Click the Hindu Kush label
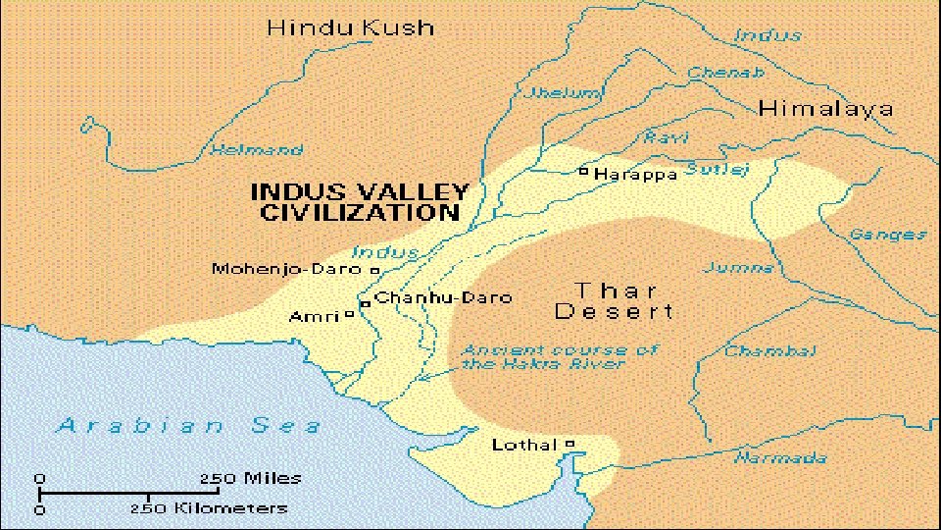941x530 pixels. click(350, 27)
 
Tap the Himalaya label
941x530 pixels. click(825, 108)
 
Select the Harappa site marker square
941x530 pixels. click(583, 172)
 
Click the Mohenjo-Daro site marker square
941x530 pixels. click(374, 269)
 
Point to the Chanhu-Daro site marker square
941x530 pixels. click(365, 304)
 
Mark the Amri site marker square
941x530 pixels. click(350, 316)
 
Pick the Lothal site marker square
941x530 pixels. click(570, 445)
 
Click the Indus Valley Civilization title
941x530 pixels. click(359, 201)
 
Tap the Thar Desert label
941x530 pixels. click(615, 301)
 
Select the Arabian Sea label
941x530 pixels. click(188, 425)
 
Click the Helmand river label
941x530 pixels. click(258, 151)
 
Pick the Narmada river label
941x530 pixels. click(780, 458)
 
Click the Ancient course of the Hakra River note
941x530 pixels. click(560, 356)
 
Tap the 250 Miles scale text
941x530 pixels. click(251, 478)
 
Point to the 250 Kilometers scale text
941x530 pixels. click(210, 508)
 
